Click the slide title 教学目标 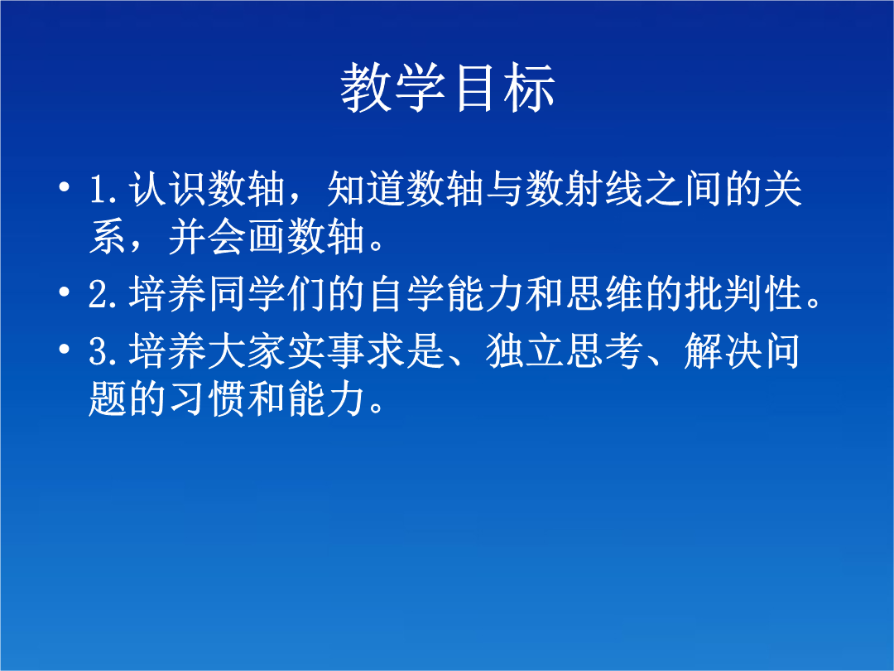tap(448, 87)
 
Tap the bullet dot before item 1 tap(65, 186)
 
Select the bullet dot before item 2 tap(65, 292)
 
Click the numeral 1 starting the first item tap(99, 190)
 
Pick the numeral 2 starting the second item tap(99, 294)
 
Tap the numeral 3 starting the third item tap(99, 351)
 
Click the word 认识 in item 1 tap(167, 188)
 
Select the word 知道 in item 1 tap(366, 188)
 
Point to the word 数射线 tap(584, 188)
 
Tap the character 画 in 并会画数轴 tap(267, 236)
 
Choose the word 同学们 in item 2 tap(267, 293)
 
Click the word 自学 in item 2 tap(406, 293)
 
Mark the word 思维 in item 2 tap(604, 293)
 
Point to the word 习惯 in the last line tap(207, 398)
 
